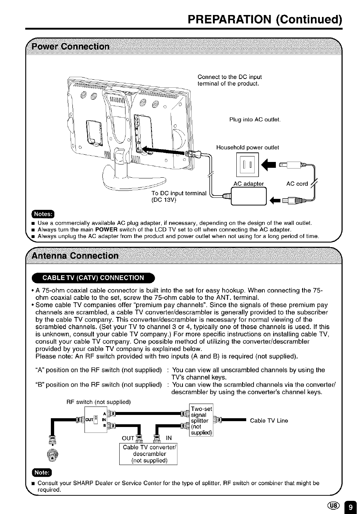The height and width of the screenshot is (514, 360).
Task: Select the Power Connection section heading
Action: (71, 47)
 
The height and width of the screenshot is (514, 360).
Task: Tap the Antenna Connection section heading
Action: (75, 255)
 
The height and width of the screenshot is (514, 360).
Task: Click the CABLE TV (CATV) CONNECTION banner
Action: (93, 278)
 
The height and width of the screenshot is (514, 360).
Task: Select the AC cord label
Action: (297, 184)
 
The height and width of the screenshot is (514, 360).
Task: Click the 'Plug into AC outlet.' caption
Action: (255, 120)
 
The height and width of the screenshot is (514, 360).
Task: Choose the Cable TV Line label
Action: (269, 420)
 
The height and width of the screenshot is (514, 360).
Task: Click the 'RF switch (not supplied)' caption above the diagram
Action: (98, 402)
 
